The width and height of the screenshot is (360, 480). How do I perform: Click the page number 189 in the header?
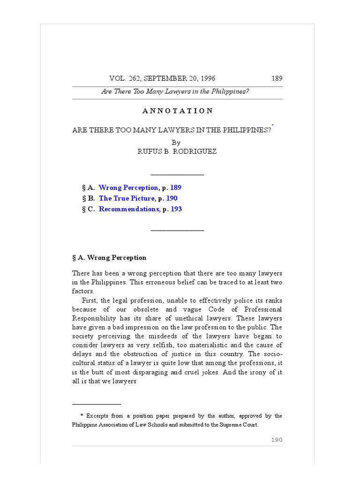277,78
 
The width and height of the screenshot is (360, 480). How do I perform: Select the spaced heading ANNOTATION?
177,111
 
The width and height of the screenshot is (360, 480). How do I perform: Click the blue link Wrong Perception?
128,187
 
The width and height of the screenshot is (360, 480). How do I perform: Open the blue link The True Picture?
127,198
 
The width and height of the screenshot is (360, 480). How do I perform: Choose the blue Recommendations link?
129,209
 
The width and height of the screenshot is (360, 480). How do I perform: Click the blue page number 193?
176,209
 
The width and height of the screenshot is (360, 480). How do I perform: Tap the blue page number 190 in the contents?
172,198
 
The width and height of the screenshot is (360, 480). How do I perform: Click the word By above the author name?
176,142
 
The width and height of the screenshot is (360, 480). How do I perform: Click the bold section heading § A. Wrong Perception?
109,258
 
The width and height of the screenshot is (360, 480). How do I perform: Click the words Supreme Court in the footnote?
238,425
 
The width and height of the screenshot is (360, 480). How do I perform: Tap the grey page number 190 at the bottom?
277,440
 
